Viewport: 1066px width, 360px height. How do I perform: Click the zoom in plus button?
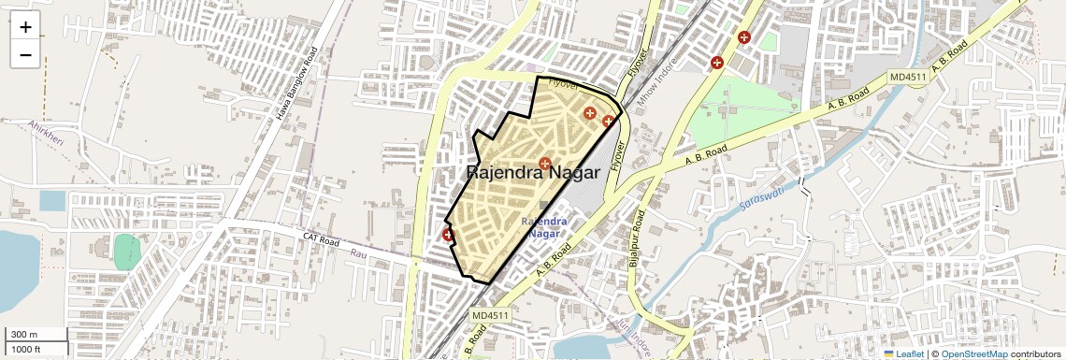point(25,27)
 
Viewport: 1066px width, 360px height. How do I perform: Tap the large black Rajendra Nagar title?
point(533,173)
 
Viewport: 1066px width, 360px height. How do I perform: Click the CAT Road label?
point(321,238)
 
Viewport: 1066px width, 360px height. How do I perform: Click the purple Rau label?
point(359,253)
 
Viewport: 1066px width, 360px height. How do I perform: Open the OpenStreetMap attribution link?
point(973,354)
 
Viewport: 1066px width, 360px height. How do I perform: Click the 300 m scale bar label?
point(24,335)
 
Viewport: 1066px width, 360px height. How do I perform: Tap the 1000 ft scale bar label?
point(26,349)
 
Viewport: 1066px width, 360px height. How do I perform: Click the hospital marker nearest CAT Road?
point(448,236)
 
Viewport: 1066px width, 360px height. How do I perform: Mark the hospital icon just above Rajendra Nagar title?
point(545,164)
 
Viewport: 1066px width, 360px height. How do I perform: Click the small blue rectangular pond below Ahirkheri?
point(52,201)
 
